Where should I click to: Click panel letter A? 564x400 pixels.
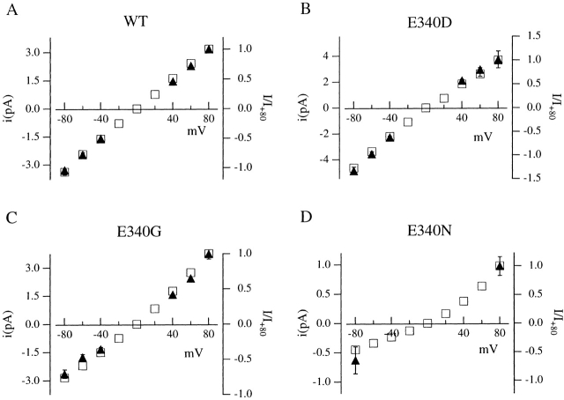(x=8, y=9)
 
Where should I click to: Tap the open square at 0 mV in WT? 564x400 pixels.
(x=137, y=108)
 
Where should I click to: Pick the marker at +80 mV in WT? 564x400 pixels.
(x=209, y=49)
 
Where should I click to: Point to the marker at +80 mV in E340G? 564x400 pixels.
(x=209, y=254)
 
